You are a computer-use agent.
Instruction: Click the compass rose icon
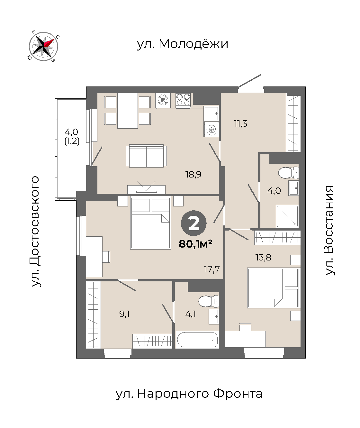(43, 46)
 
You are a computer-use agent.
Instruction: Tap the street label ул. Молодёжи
(182, 44)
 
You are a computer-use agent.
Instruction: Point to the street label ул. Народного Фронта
(189, 394)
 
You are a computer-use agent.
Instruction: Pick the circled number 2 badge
(194, 223)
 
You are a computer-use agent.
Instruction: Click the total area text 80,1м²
(195, 244)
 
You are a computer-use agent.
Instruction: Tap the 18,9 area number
(193, 174)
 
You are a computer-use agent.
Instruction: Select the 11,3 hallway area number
(240, 123)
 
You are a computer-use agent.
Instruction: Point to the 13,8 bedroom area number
(263, 257)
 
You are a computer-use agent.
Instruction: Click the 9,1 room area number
(124, 314)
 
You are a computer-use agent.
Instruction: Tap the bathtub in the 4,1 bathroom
(197, 340)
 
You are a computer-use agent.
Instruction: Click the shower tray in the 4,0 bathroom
(287, 216)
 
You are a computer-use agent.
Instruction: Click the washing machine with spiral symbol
(211, 129)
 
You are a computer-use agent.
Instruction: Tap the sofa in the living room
(146, 156)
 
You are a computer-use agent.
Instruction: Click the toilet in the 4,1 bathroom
(209, 301)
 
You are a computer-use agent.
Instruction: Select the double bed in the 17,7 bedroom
(151, 223)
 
